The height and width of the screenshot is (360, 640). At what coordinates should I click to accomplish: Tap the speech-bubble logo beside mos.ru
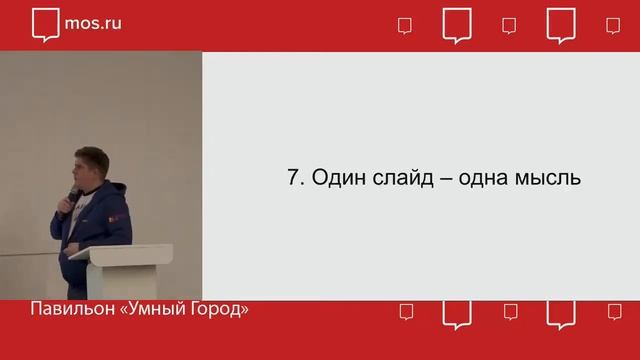45,24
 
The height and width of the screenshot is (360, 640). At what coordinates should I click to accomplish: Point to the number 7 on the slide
293,178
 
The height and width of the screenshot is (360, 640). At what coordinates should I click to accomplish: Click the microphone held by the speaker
73,193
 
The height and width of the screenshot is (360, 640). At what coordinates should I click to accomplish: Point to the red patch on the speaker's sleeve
118,213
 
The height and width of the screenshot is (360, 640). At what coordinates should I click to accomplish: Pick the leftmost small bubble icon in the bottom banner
405,311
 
